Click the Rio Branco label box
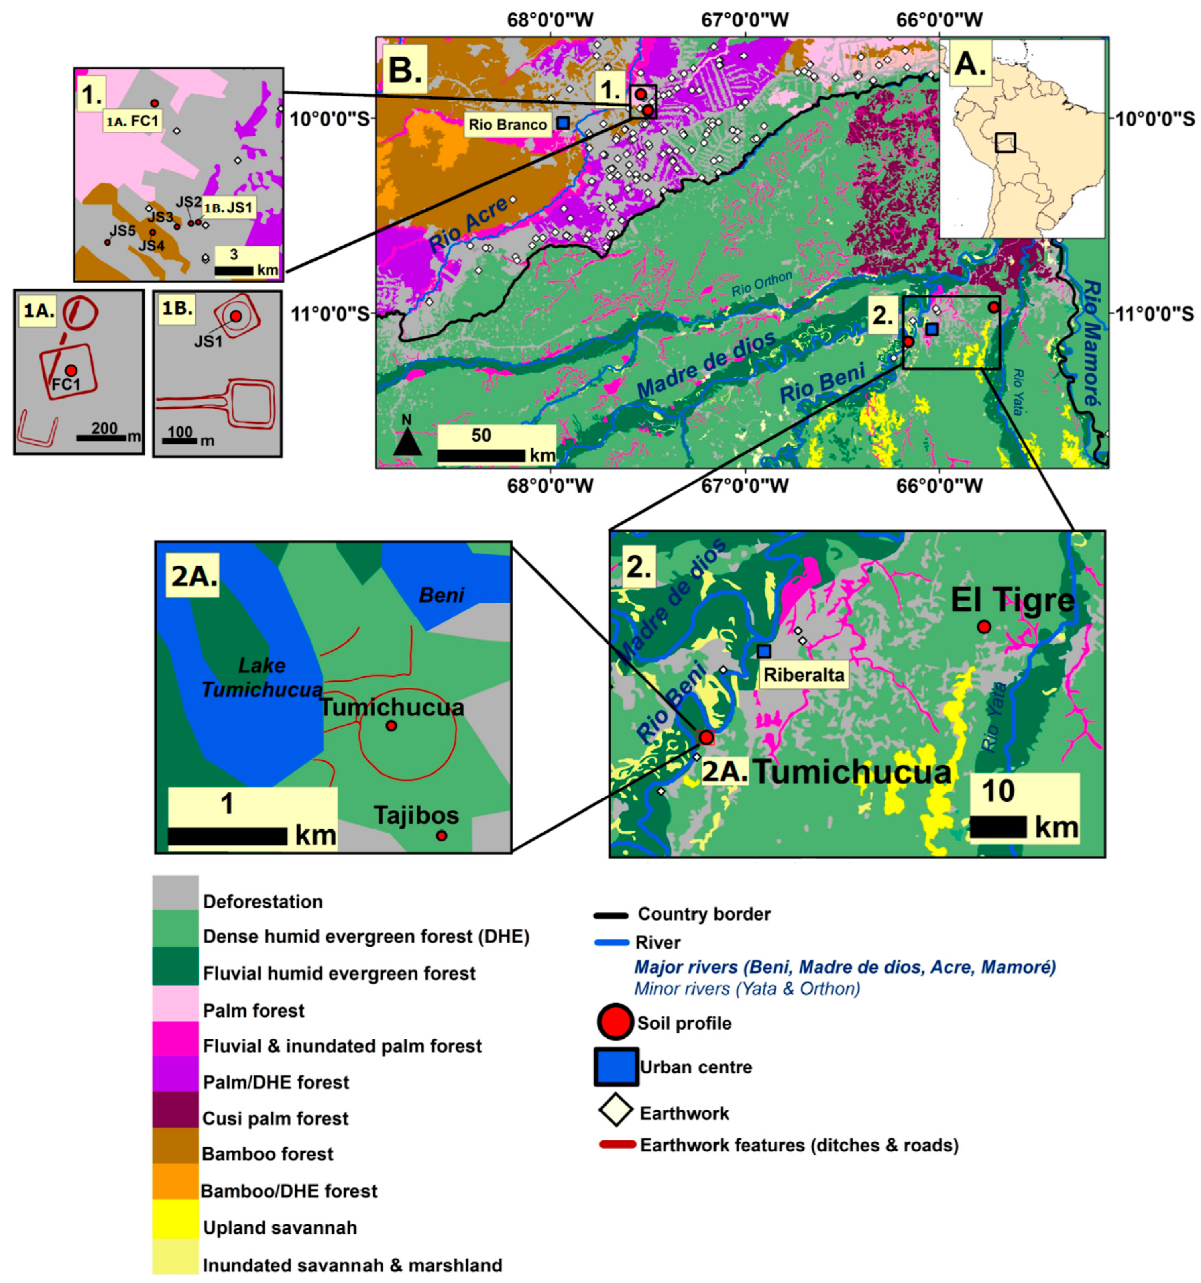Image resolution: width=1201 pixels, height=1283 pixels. coord(507,124)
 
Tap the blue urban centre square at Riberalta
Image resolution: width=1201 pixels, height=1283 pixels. coord(764,651)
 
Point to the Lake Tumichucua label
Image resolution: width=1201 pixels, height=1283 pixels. coord(262,678)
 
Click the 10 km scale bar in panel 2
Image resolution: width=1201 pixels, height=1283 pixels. coord(998,827)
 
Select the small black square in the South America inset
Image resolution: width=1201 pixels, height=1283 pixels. coord(1005,142)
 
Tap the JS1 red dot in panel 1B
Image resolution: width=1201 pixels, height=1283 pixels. coord(236,316)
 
